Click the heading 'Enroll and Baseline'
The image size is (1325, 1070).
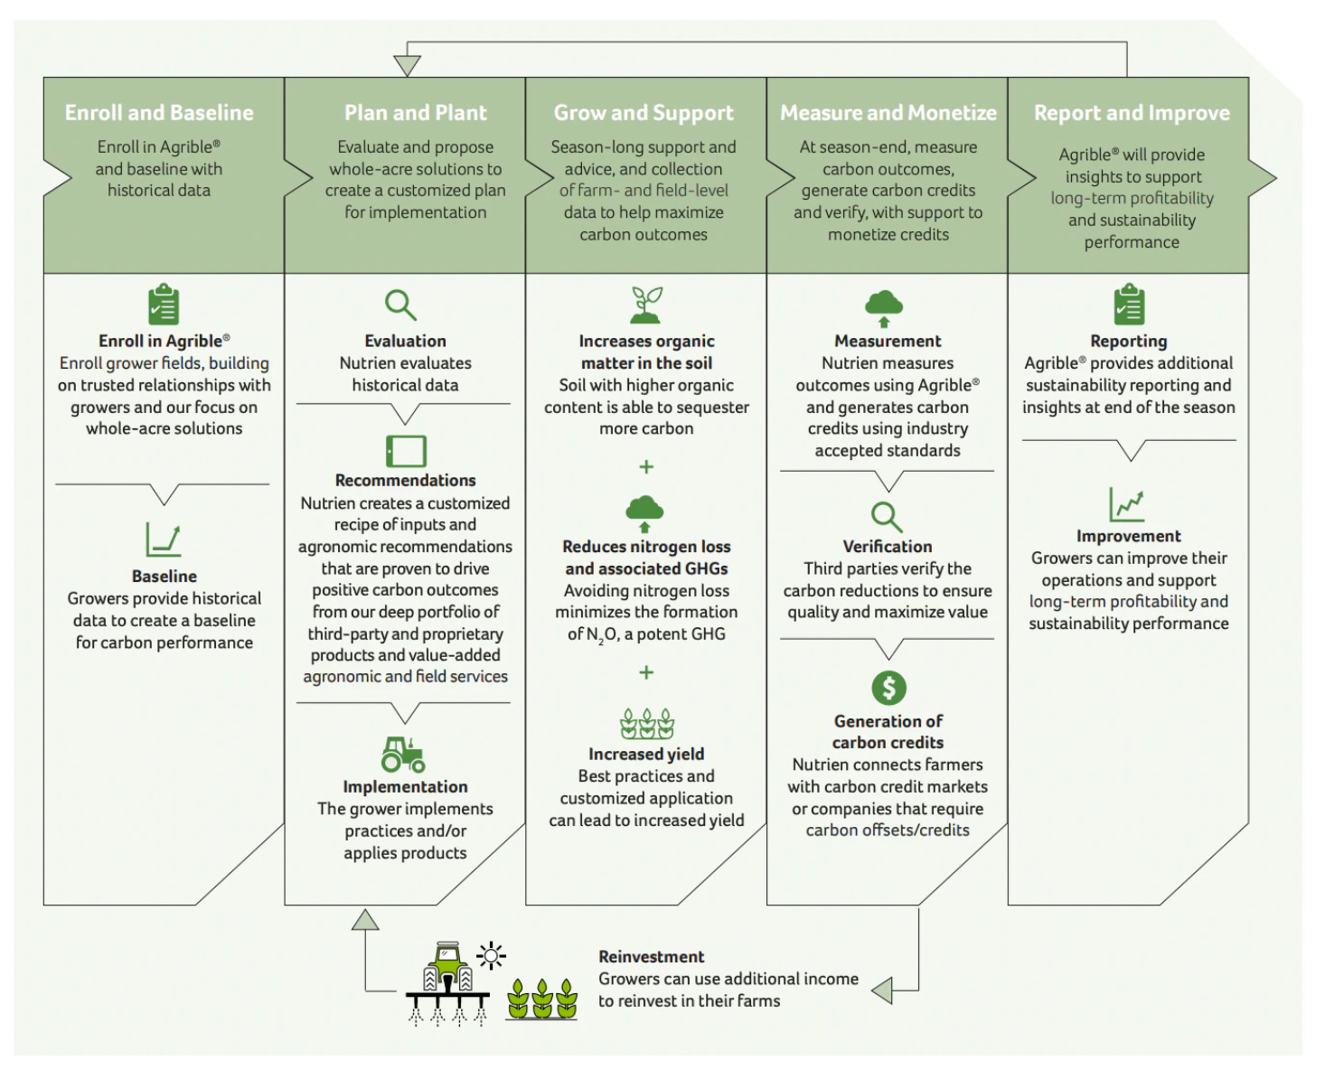pyautogui.click(x=159, y=113)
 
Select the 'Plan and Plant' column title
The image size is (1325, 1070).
pyautogui.click(x=415, y=113)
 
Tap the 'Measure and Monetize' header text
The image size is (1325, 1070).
pyautogui.click(x=888, y=113)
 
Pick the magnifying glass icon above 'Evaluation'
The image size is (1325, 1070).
pyautogui.click(x=400, y=305)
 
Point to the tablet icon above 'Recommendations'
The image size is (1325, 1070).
pyautogui.click(x=406, y=450)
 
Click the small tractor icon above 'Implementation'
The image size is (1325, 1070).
pyautogui.click(x=403, y=754)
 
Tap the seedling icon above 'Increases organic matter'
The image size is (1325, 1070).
pyautogui.click(x=646, y=305)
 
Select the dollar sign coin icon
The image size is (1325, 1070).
pyautogui.click(x=888, y=689)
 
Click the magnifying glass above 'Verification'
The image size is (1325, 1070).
pyautogui.click(x=887, y=518)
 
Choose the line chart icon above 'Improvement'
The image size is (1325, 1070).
pyautogui.click(x=1127, y=504)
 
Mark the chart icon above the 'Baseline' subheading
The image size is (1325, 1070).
pyautogui.click(x=164, y=540)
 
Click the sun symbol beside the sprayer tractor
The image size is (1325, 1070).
pyautogui.click(x=492, y=955)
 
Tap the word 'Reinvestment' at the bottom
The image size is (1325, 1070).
pyautogui.click(x=651, y=956)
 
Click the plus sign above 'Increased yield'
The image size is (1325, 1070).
pyautogui.click(x=646, y=672)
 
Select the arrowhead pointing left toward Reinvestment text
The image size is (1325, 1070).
pyautogui.click(x=882, y=990)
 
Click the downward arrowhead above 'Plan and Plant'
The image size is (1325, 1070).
pyautogui.click(x=408, y=66)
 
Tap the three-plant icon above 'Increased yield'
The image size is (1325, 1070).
pyautogui.click(x=647, y=724)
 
